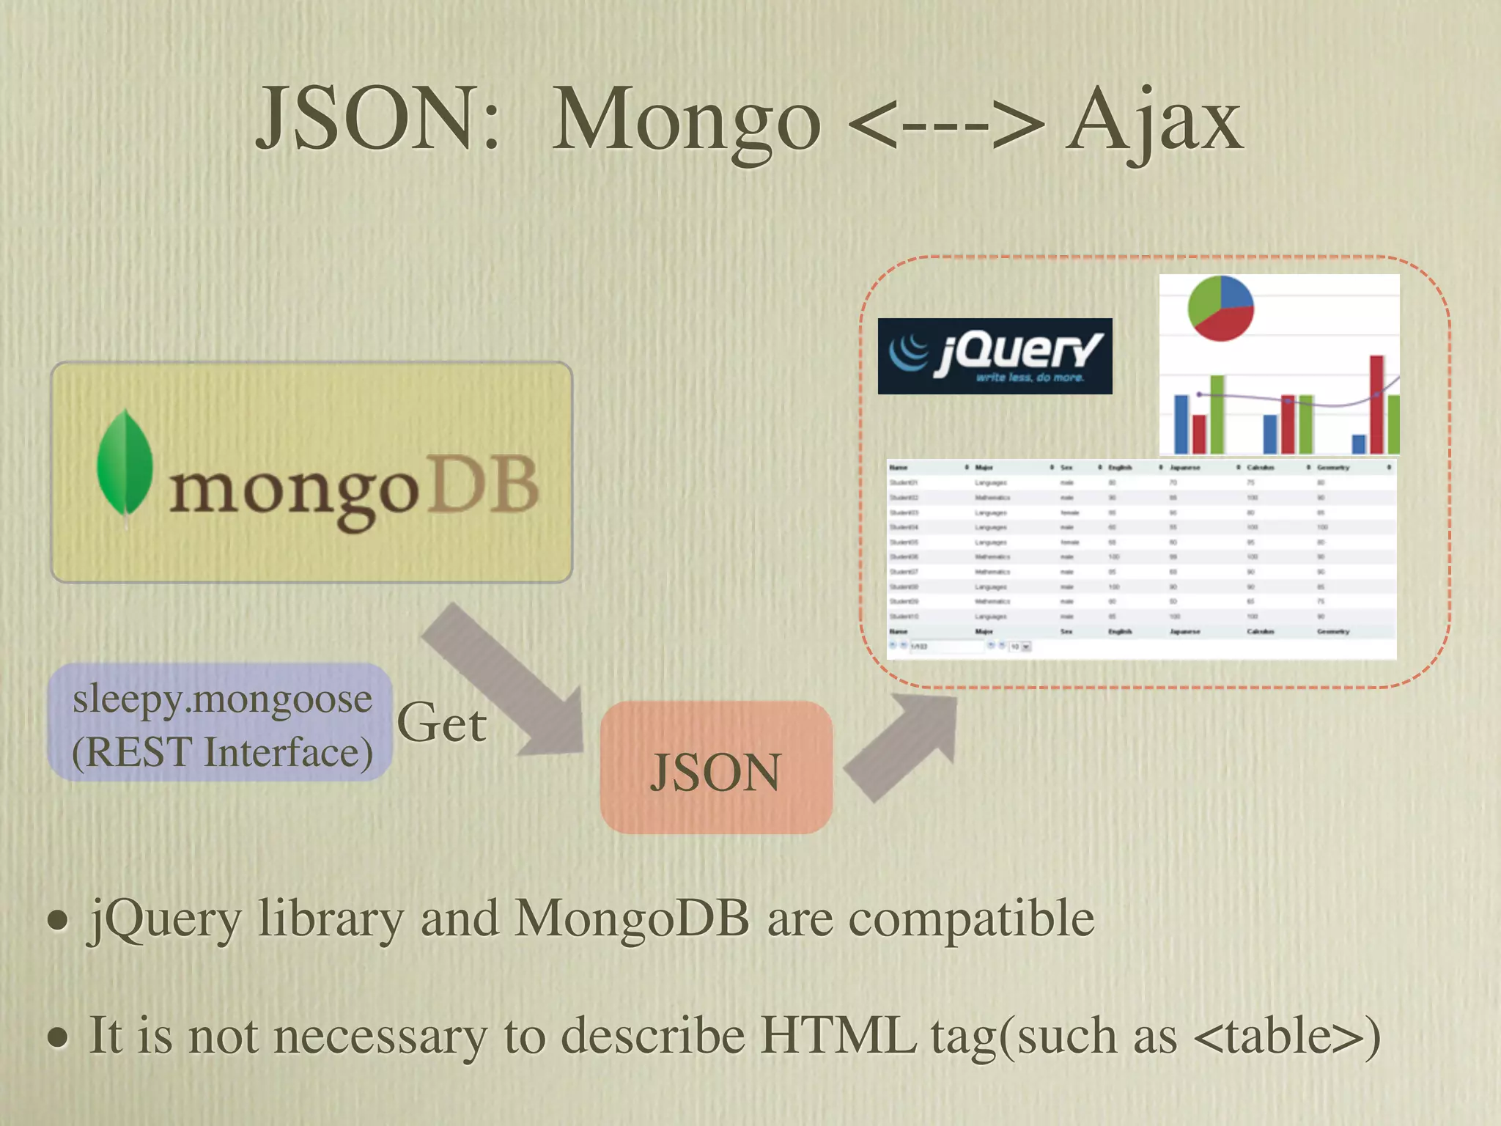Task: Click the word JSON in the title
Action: pyautogui.click(x=377, y=119)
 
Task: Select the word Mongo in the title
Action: pyautogui.click(x=686, y=122)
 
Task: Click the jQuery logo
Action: pyautogui.click(x=995, y=356)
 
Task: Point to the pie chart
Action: pyautogui.click(x=1220, y=308)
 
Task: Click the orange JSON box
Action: pyautogui.click(x=716, y=768)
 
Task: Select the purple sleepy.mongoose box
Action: pyautogui.click(x=220, y=722)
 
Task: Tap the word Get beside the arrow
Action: pyautogui.click(x=441, y=724)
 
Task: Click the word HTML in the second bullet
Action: pyautogui.click(x=837, y=1035)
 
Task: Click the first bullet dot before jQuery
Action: pyautogui.click(x=58, y=920)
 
